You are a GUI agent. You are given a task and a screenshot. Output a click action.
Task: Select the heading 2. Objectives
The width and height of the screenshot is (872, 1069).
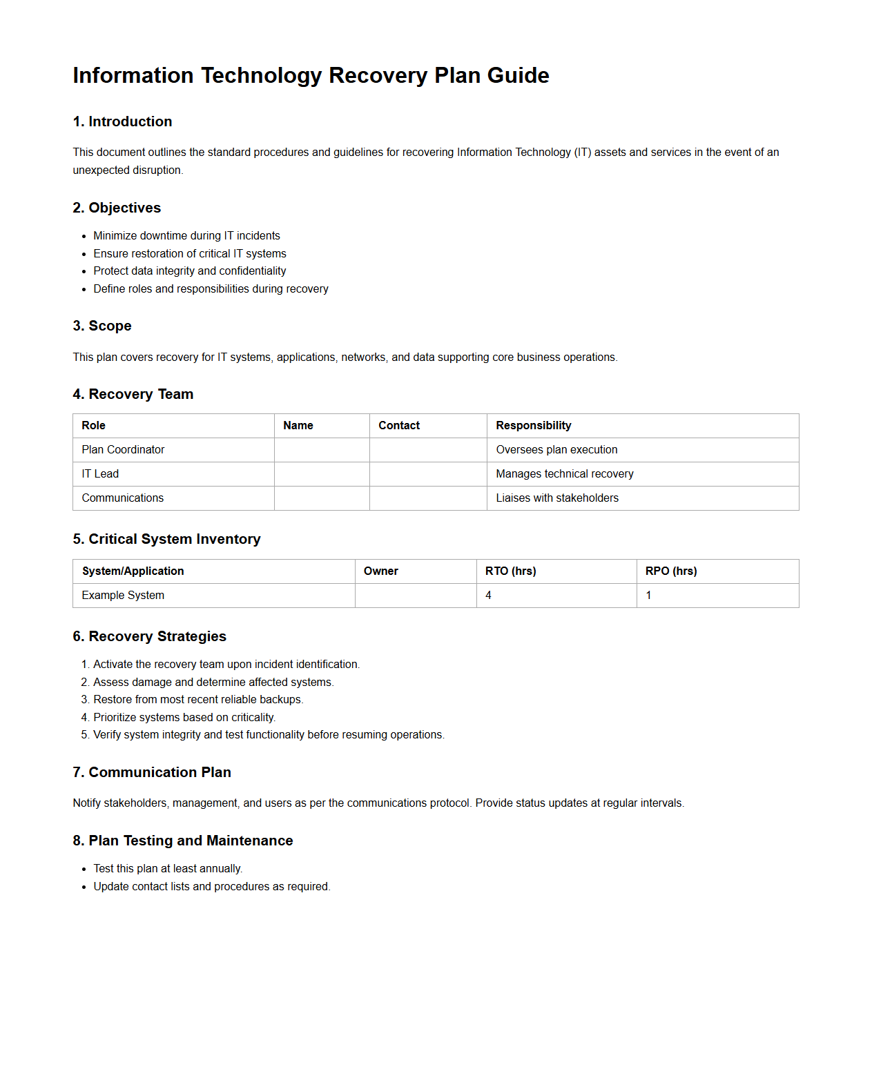(x=117, y=208)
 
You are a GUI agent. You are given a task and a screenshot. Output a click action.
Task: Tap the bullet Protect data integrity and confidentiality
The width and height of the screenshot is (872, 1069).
(x=189, y=271)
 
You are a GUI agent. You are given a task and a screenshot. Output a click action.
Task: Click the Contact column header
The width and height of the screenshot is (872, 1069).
(x=399, y=426)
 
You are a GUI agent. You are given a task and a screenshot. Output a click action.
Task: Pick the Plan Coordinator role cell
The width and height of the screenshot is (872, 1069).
(x=123, y=450)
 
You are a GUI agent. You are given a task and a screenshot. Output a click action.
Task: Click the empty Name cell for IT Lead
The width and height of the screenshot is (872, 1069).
(x=322, y=474)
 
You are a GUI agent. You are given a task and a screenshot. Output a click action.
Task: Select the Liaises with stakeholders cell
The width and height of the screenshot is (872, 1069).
(x=556, y=498)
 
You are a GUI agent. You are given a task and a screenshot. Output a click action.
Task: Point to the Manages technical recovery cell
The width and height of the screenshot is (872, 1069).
(x=564, y=474)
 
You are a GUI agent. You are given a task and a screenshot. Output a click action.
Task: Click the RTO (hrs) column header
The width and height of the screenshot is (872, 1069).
(x=510, y=571)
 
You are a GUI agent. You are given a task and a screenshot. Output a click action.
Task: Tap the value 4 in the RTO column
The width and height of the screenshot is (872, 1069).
(x=488, y=596)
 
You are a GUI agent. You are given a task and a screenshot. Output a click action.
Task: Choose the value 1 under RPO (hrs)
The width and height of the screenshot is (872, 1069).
(x=648, y=596)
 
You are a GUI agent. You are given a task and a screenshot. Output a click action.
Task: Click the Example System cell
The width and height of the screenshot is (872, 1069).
(x=123, y=596)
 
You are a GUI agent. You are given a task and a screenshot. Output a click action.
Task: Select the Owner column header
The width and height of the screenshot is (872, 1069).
(x=380, y=571)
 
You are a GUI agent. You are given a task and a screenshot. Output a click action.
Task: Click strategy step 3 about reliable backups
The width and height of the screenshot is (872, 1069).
(x=198, y=700)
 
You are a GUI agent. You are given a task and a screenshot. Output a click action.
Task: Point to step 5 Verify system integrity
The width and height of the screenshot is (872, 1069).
(x=269, y=735)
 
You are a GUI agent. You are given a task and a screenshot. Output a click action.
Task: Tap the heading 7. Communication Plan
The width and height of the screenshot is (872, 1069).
(x=152, y=772)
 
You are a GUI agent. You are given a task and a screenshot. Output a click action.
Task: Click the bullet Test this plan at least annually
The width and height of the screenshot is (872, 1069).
(x=168, y=869)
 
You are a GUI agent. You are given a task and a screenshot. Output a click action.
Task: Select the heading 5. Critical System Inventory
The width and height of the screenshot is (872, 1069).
(x=166, y=539)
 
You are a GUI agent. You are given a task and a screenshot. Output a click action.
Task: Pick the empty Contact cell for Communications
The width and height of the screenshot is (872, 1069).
(x=428, y=498)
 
